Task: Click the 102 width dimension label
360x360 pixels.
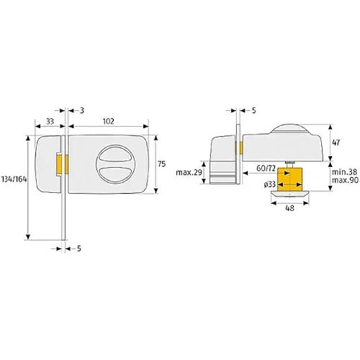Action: (x=108, y=122)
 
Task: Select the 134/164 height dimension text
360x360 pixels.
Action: (x=14, y=179)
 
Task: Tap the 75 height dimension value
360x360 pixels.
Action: (x=162, y=164)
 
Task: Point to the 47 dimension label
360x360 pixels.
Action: (x=336, y=143)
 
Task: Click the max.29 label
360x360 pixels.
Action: (x=189, y=173)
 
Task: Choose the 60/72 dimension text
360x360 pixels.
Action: (x=266, y=168)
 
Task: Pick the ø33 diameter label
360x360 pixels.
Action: (x=269, y=184)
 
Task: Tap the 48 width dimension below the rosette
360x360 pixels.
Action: (x=290, y=208)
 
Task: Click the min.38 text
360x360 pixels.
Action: (x=344, y=172)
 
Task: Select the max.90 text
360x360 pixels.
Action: (x=345, y=180)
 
